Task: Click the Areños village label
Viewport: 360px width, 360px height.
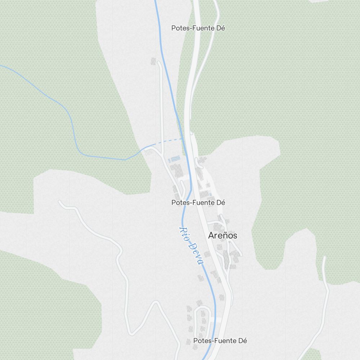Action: (x=222, y=235)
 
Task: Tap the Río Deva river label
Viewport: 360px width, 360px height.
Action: (x=191, y=246)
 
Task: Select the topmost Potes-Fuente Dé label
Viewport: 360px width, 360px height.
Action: (x=198, y=28)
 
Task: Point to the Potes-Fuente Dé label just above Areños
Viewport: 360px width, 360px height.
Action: (x=198, y=203)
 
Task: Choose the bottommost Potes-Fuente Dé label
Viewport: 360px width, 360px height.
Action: (x=220, y=341)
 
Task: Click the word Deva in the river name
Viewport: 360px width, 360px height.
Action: (x=196, y=254)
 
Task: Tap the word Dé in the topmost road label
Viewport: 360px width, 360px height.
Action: (x=221, y=28)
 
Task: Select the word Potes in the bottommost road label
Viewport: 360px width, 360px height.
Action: (x=202, y=341)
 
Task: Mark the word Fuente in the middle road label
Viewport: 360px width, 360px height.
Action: (x=203, y=203)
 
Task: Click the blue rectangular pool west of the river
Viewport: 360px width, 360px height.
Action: (x=175, y=159)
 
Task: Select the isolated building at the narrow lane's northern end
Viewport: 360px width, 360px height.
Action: (x=153, y=61)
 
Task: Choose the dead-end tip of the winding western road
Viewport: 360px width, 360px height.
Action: (x=60, y=202)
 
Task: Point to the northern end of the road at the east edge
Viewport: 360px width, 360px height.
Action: (x=324, y=258)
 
